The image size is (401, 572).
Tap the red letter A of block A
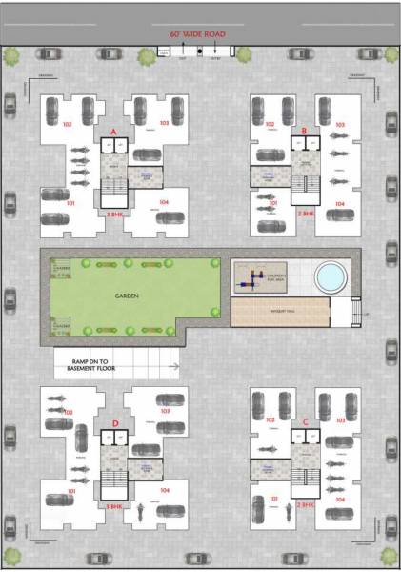tap(113, 131)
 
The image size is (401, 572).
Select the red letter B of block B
tap(303, 131)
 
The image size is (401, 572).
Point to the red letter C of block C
tap(304, 421)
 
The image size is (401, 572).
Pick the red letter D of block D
tap(114, 421)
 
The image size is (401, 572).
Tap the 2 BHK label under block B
tap(305, 214)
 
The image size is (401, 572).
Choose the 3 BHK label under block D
tap(114, 505)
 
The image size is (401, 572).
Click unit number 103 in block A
tap(165, 124)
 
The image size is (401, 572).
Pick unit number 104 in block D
tap(166, 491)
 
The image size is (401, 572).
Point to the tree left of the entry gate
tap(147, 56)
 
